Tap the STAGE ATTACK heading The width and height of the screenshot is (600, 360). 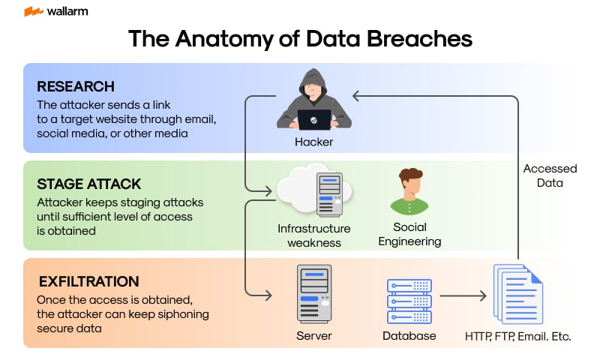88,184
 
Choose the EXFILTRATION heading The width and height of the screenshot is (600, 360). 88,282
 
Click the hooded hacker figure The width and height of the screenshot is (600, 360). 313,97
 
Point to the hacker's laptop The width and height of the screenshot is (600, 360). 313,119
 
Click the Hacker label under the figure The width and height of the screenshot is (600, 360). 313,141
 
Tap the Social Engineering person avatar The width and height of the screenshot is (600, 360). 409,192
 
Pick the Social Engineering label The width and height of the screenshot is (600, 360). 409,234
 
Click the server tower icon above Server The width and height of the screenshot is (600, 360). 313,293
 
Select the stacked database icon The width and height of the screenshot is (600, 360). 409,297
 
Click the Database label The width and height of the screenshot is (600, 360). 409,336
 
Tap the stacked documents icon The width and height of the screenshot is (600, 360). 517,293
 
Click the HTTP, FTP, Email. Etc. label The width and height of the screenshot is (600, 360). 517,336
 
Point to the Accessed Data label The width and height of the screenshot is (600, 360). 550,175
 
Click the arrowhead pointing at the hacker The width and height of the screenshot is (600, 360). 358,96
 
